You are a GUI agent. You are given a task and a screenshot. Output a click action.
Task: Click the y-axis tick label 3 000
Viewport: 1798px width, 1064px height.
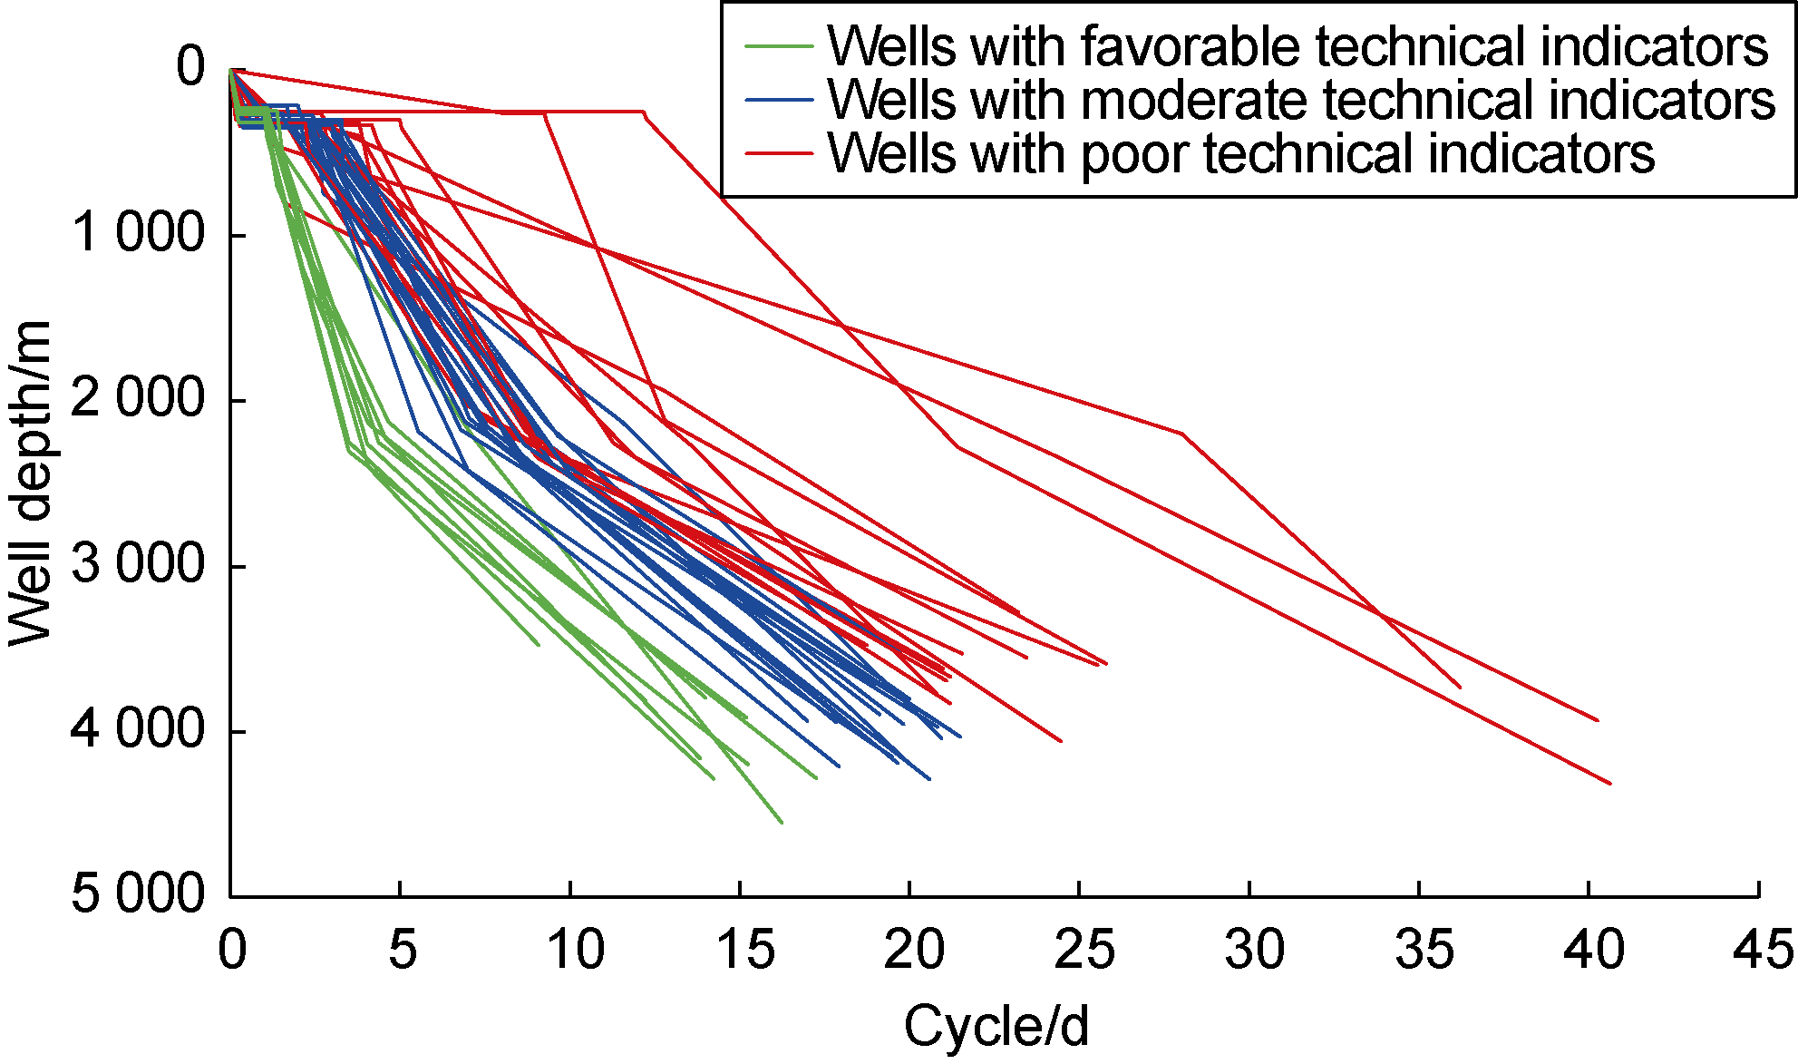tap(139, 564)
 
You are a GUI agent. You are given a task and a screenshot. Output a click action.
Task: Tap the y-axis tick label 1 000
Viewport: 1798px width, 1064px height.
tap(139, 233)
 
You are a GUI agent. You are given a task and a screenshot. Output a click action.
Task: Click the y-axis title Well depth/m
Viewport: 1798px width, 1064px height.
tap(30, 483)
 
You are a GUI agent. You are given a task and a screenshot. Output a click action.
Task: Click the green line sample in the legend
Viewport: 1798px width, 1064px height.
tap(779, 45)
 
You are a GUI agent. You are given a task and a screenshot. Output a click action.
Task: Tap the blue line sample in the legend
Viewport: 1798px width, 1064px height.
tap(779, 99)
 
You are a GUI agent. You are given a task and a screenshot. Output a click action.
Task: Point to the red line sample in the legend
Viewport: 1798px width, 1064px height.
tap(779, 153)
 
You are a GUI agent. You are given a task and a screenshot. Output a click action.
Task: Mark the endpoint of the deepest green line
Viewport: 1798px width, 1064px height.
tap(782, 822)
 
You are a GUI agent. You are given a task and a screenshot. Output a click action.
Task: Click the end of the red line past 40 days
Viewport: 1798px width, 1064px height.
tap(1610, 783)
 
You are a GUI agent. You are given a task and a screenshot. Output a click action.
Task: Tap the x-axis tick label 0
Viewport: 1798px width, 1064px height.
tap(232, 950)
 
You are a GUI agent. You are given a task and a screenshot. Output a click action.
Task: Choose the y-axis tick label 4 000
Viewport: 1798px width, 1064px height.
tap(139, 729)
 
